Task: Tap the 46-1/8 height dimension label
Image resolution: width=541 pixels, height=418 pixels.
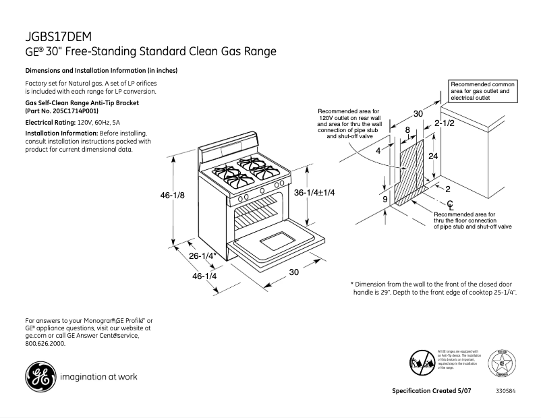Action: [x=173, y=196]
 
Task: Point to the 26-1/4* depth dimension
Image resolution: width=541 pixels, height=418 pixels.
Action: [x=202, y=256]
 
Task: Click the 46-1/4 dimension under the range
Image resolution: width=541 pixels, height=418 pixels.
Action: [x=204, y=276]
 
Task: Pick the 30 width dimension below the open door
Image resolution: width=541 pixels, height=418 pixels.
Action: [x=293, y=272]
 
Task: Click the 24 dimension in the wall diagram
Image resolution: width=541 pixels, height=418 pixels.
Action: [x=434, y=156]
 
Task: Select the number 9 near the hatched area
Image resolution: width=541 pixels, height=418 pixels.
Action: [x=384, y=200]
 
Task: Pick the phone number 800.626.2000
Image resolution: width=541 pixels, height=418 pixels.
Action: [x=45, y=343]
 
